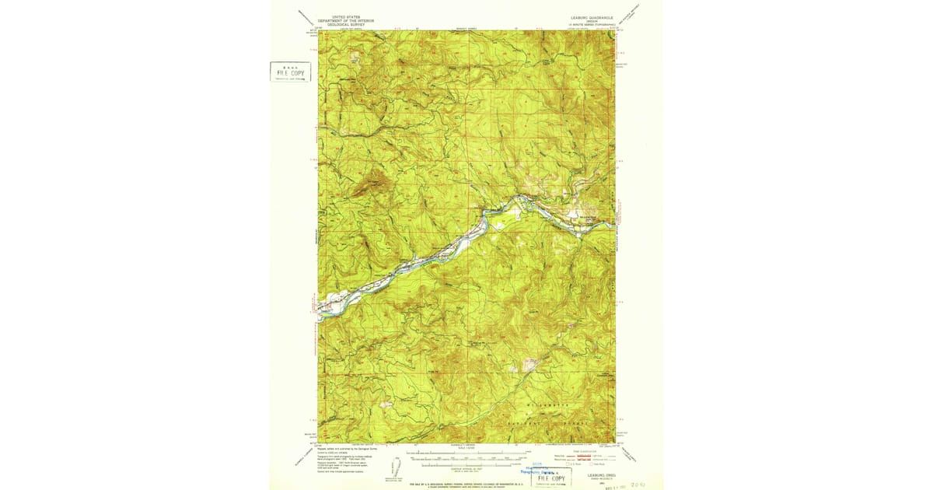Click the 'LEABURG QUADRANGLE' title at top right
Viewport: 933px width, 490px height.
[590, 16]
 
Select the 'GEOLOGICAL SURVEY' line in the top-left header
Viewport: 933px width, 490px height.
[346, 23]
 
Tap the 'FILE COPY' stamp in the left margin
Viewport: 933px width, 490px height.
[290, 72]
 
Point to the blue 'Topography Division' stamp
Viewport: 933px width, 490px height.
[538, 471]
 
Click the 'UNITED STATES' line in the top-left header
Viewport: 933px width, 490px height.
[346, 16]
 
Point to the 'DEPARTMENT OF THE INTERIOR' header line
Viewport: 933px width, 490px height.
[346, 19]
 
